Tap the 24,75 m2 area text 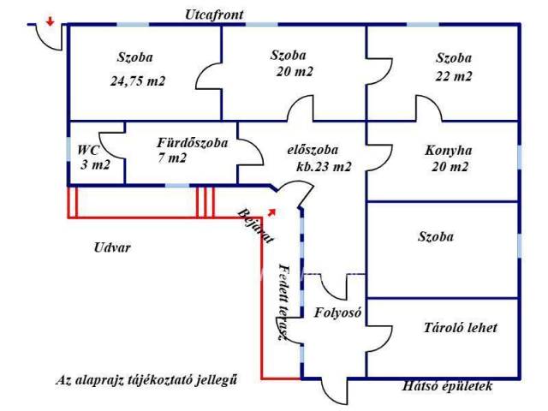click(137, 82)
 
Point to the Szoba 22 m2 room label click(453, 68)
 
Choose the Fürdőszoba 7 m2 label click(189, 151)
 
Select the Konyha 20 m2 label click(448, 159)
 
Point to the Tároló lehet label click(461, 328)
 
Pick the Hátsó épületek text click(448, 387)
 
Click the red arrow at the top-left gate click(51, 21)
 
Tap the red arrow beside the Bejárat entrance click(272, 211)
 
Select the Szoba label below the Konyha click(436, 237)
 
